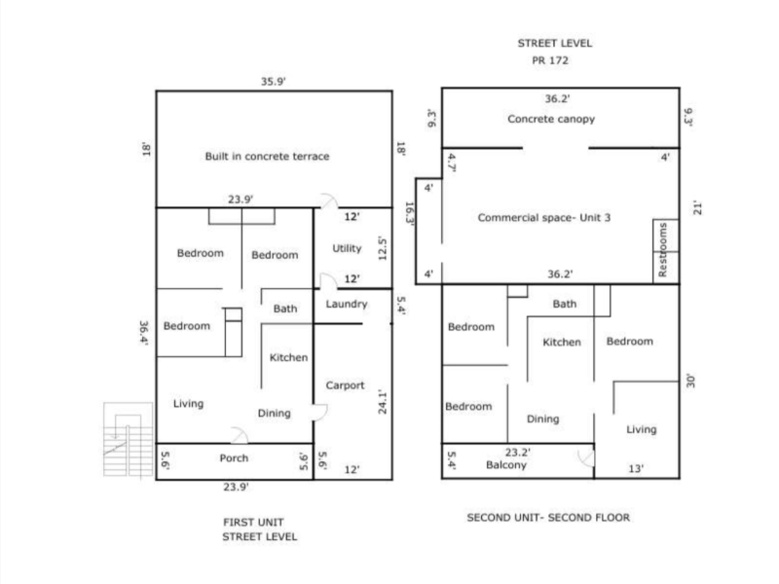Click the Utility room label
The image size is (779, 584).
click(347, 248)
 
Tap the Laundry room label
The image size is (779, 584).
click(347, 304)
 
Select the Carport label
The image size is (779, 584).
click(345, 385)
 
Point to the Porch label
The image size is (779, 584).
click(234, 457)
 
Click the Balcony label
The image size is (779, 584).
click(506, 465)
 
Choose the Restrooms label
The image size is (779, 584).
click(663, 250)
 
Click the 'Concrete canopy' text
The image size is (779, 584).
click(551, 119)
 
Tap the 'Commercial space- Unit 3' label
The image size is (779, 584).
click(544, 217)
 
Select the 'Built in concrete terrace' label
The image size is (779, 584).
click(267, 157)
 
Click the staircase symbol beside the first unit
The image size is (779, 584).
click(129, 439)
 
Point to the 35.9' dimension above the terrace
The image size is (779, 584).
click(274, 82)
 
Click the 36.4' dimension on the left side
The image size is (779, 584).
click(144, 333)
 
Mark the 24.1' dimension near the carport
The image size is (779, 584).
click(382, 402)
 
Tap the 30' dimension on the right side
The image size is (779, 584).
click(690, 382)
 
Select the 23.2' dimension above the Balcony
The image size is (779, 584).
click(518, 453)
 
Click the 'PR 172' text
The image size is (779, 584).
click(550, 60)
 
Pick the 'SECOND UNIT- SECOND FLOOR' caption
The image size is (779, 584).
click(548, 518)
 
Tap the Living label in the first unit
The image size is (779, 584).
click(188, 404)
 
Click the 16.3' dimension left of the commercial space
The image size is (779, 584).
click(410, 213)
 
